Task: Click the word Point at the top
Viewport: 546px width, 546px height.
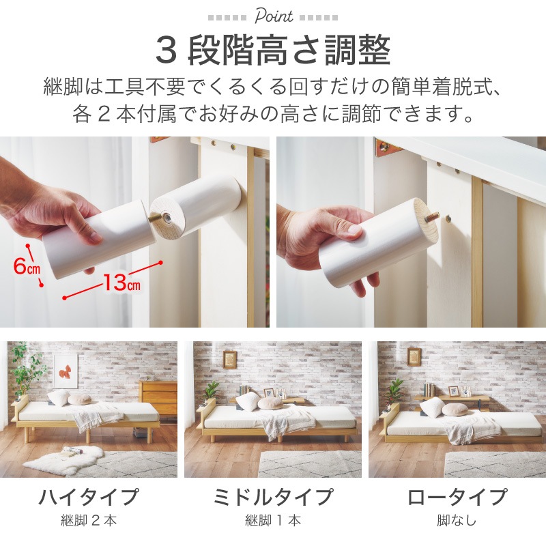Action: [274, 16]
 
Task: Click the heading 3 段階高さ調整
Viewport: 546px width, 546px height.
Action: [273, 51]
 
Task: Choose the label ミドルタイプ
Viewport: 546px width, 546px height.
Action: [273, 497]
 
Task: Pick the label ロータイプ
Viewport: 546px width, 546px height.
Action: [457, 497]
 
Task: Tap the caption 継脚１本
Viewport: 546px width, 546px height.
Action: [273, 521]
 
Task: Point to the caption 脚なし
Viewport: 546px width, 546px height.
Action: [457, 521]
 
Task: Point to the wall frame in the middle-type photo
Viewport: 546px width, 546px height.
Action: [229, 360]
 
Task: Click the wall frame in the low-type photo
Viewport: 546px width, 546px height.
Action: [414, 356]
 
